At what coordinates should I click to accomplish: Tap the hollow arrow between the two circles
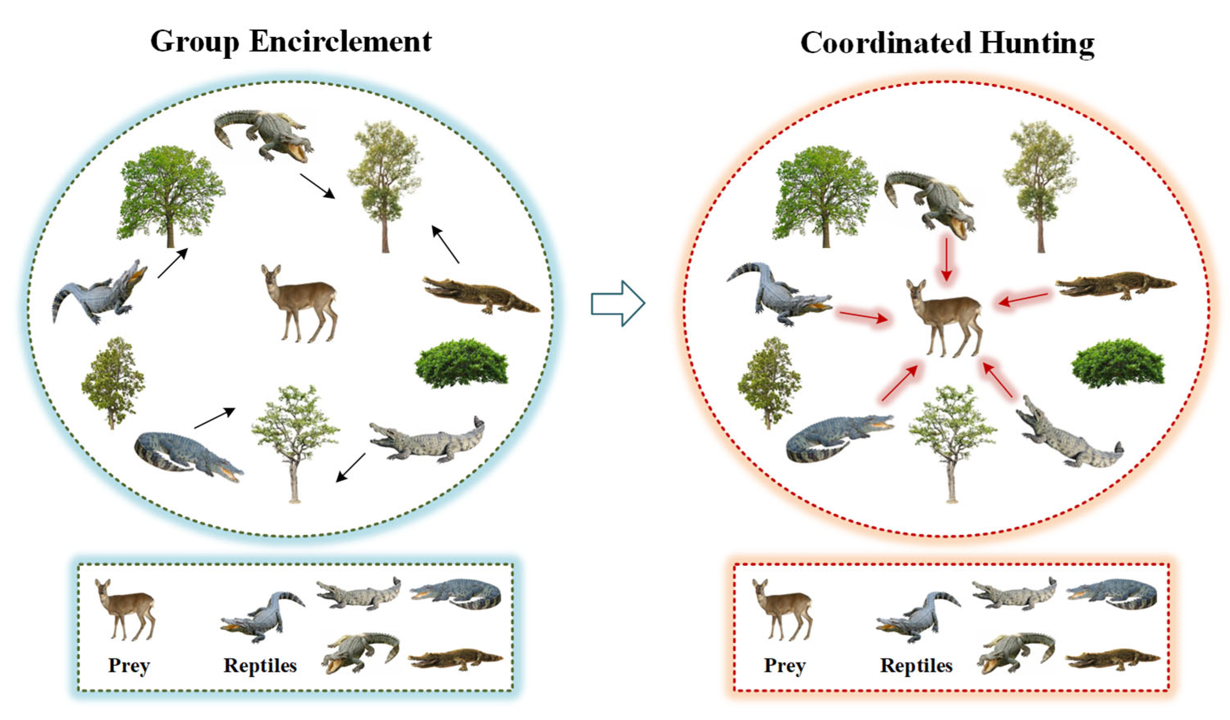[618, 303]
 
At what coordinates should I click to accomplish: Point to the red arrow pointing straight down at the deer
[946, 259]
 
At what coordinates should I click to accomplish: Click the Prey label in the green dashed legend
[129, 665]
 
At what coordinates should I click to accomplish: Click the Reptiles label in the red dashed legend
[916, 665]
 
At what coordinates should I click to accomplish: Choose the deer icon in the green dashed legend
[126, 608]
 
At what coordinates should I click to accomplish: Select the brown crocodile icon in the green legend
[455, 659]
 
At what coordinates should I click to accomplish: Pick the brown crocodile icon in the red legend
[1112, 659]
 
